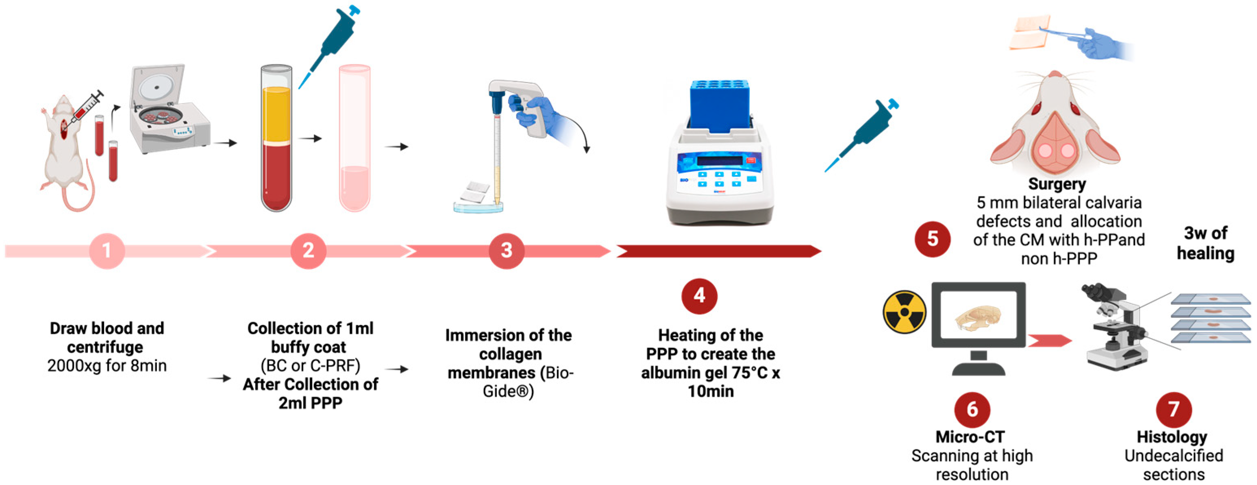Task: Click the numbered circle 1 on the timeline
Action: [x=107, y=251]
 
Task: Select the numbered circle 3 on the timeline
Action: [x=507, y=251]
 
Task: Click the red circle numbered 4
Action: [x=699, y=295]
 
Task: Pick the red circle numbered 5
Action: [x=932, y=239]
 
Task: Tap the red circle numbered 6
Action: [x=972, y=409]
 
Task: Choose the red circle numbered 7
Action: [x=1174, y=409]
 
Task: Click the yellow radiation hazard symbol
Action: [x=904, y=312]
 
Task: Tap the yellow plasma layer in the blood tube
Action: [x=276, y=115]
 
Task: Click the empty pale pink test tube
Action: [x=355, y=139]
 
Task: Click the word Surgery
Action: [x=1057, y=184]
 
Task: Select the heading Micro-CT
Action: [x=970, y=437]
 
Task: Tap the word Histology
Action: [x=1172, y=437]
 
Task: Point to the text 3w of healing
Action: [x=1205, y=243]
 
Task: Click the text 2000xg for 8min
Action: [x=107, y=365]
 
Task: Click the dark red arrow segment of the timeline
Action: [x=717, y=251]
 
